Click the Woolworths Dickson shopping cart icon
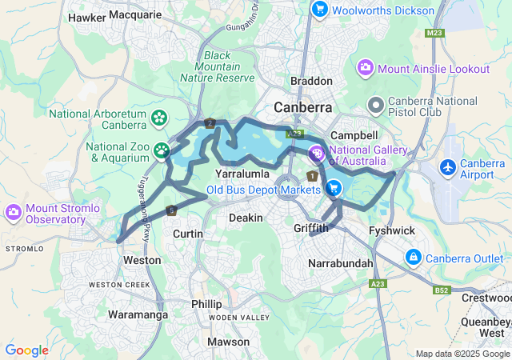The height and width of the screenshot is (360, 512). [x=319, y=10]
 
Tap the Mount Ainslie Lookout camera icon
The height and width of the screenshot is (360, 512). [x=366, y=69]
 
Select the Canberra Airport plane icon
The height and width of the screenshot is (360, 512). [x=448, y=168]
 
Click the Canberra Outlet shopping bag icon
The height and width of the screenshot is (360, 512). [x=414, y=258]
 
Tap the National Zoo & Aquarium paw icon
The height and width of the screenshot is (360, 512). [x=162, y=150]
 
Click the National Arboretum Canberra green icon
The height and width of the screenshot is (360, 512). [x=159, y=118]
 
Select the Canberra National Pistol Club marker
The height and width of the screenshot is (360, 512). [x=375, y=106]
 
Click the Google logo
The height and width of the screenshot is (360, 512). [x=26, y=350]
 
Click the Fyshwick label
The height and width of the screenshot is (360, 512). [x=392, y=230]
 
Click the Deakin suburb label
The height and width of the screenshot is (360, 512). [x=246, y=218]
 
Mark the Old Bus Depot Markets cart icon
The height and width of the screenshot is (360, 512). [x=333, y=190]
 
